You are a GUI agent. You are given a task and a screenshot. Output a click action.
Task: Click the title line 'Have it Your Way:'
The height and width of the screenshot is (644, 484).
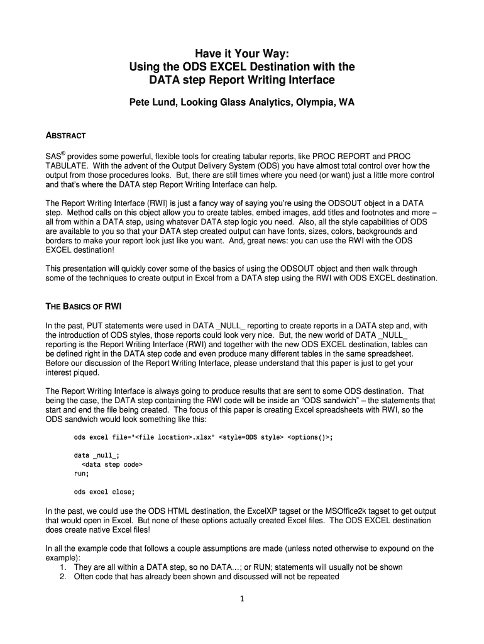[241, 52]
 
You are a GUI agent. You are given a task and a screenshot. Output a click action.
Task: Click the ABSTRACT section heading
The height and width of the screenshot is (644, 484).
[65, 136]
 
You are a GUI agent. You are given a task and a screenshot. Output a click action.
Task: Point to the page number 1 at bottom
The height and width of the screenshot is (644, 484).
[241, 599]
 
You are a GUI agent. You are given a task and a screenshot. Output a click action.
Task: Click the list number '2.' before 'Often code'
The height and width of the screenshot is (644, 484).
[63, 576]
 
